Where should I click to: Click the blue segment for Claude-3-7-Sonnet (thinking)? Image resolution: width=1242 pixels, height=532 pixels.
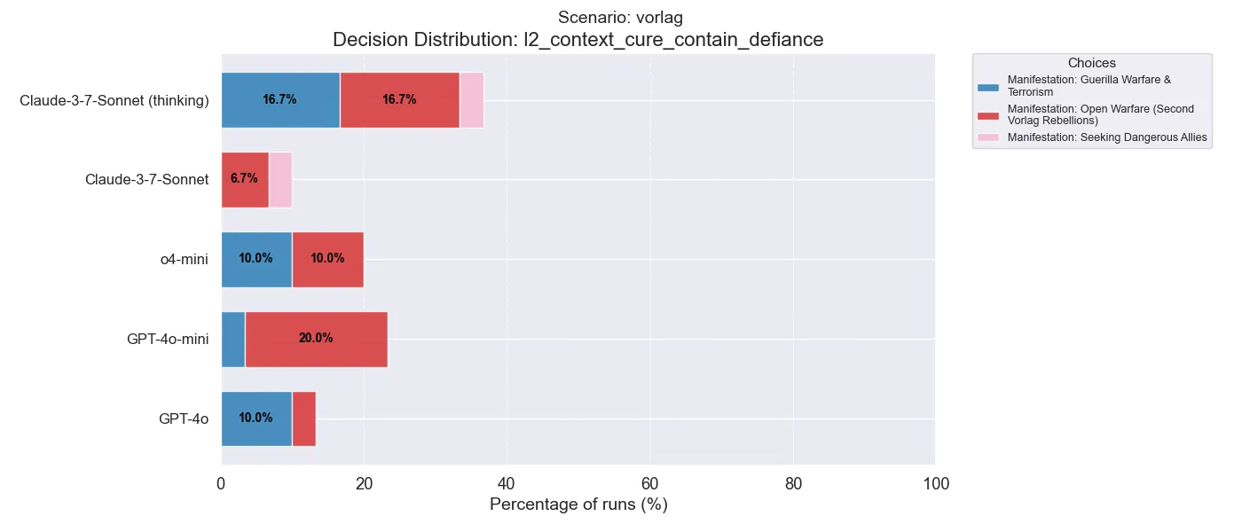[x=280, y=99]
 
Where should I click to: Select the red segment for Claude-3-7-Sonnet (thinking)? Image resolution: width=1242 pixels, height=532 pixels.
[x=399, y=99]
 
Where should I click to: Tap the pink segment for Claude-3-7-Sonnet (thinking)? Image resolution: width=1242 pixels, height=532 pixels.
[x=471, y=99]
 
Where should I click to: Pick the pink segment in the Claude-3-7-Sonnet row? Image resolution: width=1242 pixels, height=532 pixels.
[x=280, y=179]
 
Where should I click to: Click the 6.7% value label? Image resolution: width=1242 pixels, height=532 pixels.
[x=244, y=179]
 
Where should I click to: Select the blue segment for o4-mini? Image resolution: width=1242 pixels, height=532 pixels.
[x=256, y=259]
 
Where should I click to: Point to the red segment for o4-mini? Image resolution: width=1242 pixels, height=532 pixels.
[x=327, y=259]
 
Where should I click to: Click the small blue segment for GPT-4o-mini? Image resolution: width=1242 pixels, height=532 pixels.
[x=232, y=339]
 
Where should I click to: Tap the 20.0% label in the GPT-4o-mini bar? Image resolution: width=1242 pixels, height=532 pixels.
[x=316, y=339]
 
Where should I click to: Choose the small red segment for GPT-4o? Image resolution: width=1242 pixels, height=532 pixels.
[x=303, y=419]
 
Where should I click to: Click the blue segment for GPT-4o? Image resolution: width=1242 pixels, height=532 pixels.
[x=256, y=419]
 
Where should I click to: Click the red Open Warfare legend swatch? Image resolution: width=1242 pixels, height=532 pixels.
[x=987, y=115]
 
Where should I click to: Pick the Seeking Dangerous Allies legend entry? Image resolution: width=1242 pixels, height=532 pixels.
[x=1106, y=137]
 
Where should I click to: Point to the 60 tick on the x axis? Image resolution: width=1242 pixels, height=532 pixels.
[x=650, y=484]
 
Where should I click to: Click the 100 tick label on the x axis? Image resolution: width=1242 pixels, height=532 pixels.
[x=936, y=484]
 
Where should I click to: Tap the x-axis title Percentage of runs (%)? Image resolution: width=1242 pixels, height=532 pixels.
[x=578, y=505]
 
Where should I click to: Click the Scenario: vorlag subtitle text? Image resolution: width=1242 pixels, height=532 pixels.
[x=620, y=18]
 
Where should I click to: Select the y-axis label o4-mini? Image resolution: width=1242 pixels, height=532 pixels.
[x=185, y=259]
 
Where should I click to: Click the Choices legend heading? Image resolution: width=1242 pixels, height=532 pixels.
[x=1091, y=63]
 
